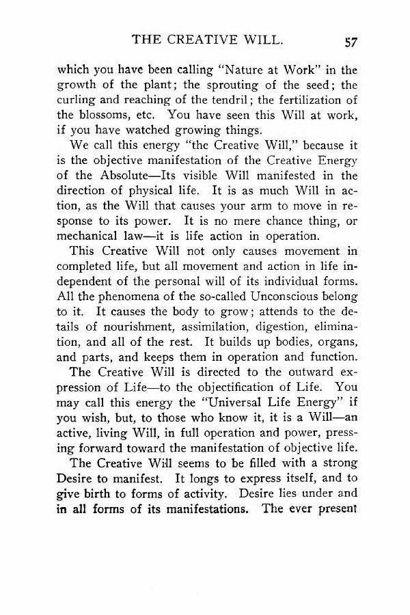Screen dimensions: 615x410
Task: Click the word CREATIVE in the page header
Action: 204,40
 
